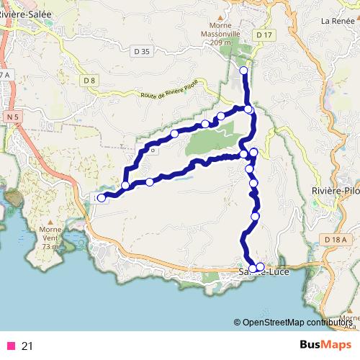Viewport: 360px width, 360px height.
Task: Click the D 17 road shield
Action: (x=265, y=35)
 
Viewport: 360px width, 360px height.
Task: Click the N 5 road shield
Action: (x=11, y=116)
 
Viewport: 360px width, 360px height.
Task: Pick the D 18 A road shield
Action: (x=335, y=240)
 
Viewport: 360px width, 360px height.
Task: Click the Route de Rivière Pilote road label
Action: (x=170, y=95)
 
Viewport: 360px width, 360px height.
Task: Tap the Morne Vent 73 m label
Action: (x=50, y=237)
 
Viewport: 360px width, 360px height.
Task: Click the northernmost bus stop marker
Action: (x=243, y=70)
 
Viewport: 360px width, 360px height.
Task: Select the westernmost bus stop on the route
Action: (x=102, y=197)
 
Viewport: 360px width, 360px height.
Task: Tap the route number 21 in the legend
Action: (x=27, y=346)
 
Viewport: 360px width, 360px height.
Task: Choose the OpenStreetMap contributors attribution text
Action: (x=295, y=322)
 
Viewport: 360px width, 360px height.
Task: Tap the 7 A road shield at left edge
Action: (x=6, y=75)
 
